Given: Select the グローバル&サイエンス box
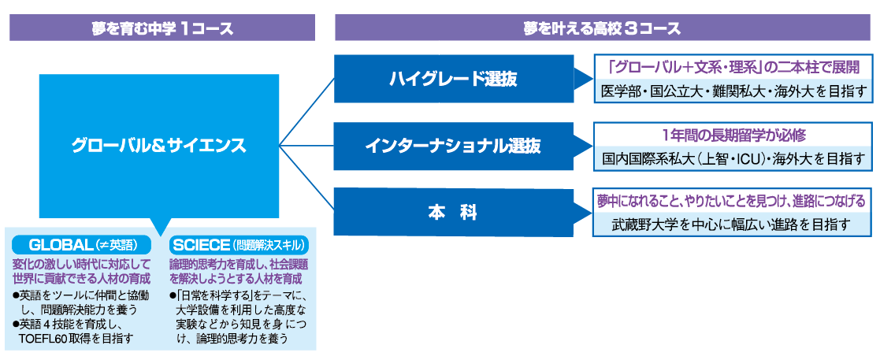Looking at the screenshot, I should tap(158, 145).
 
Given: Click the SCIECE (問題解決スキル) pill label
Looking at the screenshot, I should tap(239, 244).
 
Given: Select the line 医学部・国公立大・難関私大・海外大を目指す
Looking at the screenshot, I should tap(733, 91).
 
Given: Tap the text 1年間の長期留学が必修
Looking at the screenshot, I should tap(733, 135).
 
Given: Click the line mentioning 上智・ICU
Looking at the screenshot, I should tap(733, 158).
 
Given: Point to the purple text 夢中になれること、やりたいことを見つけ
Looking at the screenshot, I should tap(733, 202).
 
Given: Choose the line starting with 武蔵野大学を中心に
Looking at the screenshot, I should tap(733, 225).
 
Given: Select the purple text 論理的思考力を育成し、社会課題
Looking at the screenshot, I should tap(239, 264).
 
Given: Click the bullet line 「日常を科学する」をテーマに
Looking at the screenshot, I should tap(239, 295).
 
